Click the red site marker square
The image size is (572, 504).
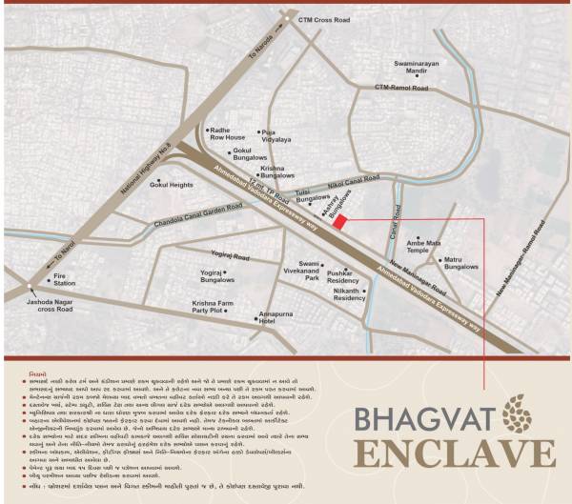pos(339,221)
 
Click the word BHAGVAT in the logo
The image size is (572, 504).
pos(419,419)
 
